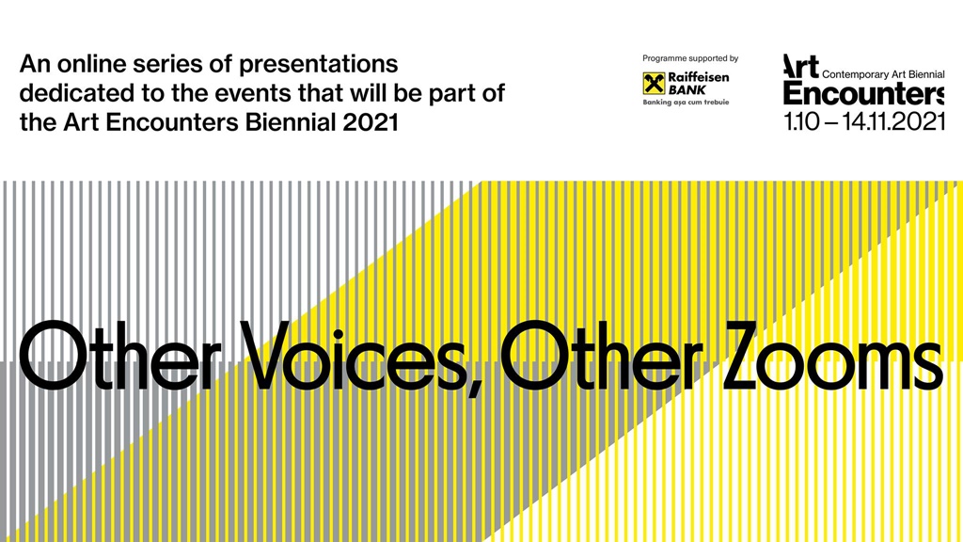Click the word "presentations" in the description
tap(318, 65)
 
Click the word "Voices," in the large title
tap(358, 357)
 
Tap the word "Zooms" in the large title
tap(832, 356)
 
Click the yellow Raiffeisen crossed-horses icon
tap(654, 84)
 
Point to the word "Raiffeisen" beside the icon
tap(699, 77)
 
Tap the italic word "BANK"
tap(687, 89)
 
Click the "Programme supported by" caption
tap(690, 59)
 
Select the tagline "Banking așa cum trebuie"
tap(686, 103)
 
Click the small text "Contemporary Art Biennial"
tap(883, 74)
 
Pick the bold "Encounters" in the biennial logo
tap(863, 94)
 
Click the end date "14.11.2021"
tap(893, 121)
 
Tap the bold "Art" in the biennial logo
tap(801, 67)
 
